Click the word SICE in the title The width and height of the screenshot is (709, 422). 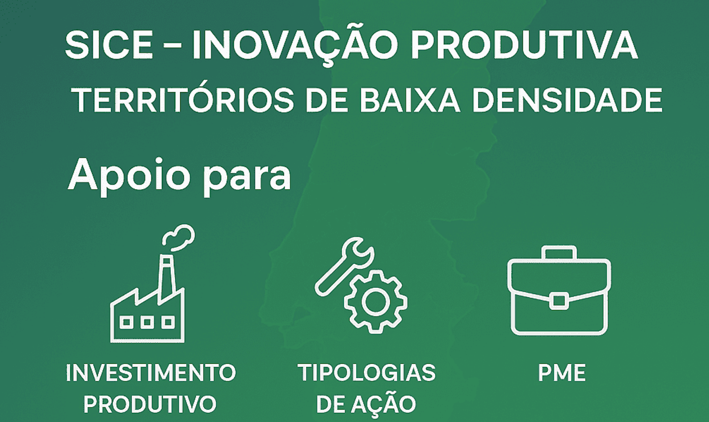[109, 45]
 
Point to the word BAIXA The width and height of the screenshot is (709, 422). [410, 100]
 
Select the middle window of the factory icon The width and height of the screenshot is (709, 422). [147, 322]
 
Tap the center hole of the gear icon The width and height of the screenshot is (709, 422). [376, 302]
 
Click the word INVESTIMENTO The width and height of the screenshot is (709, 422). [151, 372]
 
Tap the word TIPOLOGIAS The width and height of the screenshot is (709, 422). [366, 372]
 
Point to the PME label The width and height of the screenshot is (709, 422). [562, 373]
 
